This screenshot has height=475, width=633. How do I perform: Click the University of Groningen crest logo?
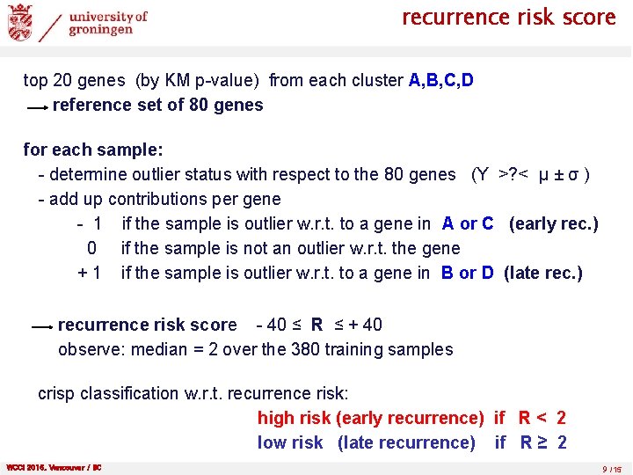pos(20,22)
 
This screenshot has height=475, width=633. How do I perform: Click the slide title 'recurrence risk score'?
pos(508,18)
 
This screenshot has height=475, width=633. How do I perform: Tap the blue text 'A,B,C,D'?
pos(441,81)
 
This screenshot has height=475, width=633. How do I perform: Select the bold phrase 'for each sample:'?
pos(93,150)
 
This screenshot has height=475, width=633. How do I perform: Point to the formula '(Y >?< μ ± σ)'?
pos(530,174)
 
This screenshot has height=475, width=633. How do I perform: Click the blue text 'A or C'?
pos(468,223)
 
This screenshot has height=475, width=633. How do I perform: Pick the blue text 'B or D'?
pos(464,273)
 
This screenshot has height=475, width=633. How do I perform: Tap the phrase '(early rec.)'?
pos(553,223)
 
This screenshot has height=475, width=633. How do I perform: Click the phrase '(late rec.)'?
pos(542,273)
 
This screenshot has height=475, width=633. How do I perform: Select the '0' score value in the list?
pos(91,248)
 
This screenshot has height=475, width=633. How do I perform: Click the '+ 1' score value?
pos(90,273)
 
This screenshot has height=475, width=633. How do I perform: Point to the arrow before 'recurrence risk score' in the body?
pos(41,326)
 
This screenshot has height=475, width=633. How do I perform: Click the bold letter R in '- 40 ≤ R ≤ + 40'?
pos(316,325)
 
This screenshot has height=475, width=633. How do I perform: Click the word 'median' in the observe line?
pos(159,349)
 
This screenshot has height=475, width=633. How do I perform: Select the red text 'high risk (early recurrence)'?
pos(370,418)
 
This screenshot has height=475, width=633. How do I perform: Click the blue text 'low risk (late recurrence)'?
pos(366,442)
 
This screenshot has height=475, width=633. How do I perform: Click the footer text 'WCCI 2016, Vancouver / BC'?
pos(54,467)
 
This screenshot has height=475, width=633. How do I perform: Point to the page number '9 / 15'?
pos(612,468)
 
